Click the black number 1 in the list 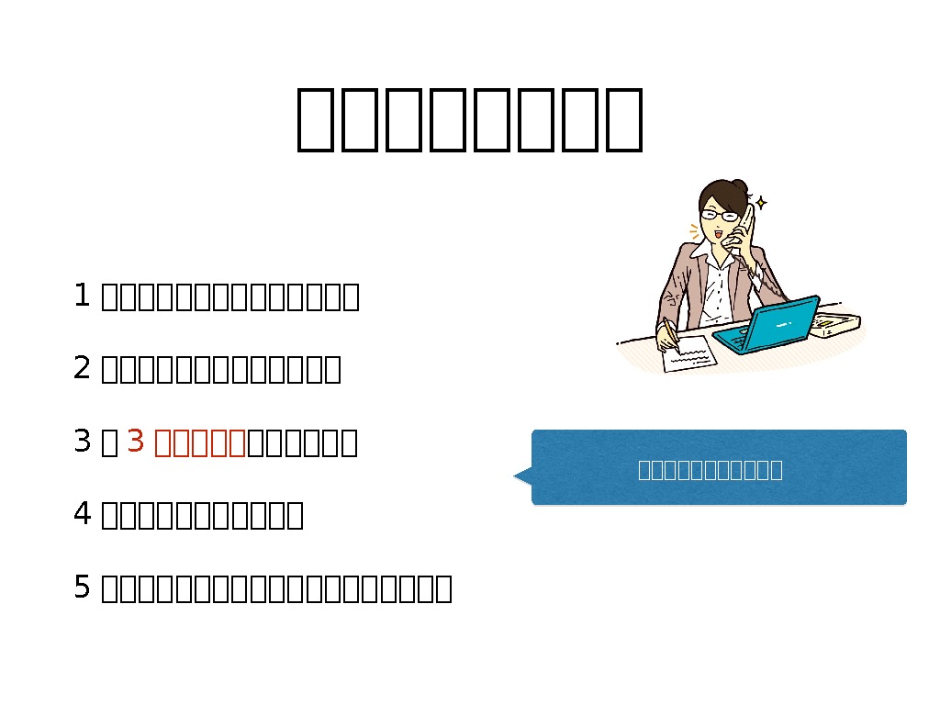[81, 296]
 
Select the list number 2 [81, 368]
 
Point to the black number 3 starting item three [81, 442]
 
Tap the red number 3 [136, 442]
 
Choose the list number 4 [81, 514]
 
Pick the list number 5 [81, 587]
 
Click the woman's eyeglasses [720, 217]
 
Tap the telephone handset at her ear [748, 226]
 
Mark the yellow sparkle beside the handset [761, 202]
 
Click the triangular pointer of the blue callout [522, 475]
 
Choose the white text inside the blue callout [710, 470]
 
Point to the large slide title [469, 119]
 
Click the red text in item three [199, 442]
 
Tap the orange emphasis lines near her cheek [694, 230]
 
